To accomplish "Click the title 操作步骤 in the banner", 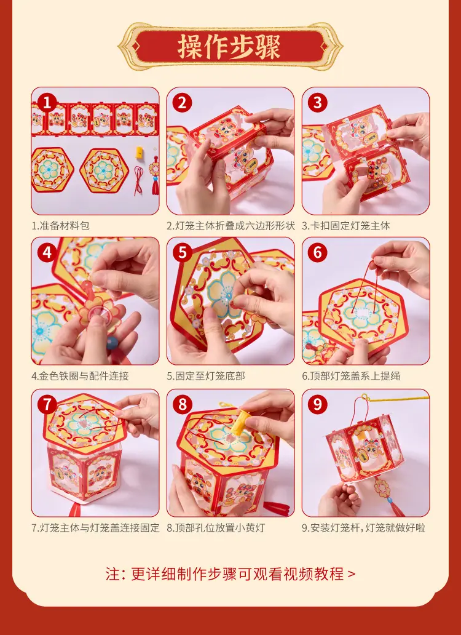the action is pos(229,47).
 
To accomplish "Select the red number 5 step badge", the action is pos(183,253).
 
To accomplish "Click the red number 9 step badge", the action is pos(317,404).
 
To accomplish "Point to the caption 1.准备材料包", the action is pos(61,226).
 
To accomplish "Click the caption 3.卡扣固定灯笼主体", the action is pos(345,226).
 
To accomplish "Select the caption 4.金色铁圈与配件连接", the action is pos(80,376).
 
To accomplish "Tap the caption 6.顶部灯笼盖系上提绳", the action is pos(351,376).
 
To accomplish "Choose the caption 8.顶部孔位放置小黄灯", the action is pos(216,528).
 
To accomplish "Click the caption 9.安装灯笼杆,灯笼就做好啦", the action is pos(363,528).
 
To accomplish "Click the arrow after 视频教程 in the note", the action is pos(352,574).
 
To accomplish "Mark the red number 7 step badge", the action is pos(47,404).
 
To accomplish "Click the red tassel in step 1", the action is pos(156,185).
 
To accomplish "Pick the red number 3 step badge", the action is pos(317,103).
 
